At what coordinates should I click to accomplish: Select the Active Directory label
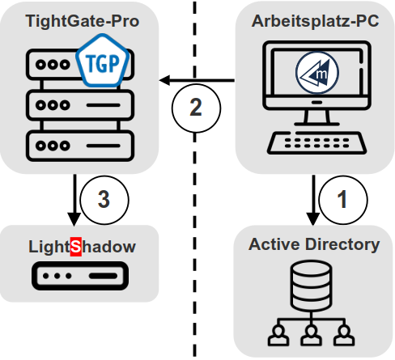coord(314,244)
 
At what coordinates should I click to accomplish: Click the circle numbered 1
coord(341,200)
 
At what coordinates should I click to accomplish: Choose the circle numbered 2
coord(196,107)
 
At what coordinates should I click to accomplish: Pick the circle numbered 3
coord(103,200)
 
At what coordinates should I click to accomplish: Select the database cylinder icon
coord(312,286)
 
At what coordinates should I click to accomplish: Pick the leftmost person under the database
coord(278,333)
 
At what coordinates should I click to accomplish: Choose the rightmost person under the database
coord(346,333)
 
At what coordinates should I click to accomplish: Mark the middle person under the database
coord(312,333)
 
